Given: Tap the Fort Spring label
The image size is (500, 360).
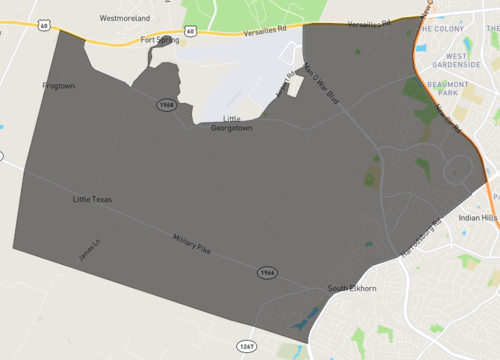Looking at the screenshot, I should (159, 40).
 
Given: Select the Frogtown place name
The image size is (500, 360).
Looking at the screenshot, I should (59, 86).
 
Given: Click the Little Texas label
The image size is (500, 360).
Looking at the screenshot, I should (92, 200).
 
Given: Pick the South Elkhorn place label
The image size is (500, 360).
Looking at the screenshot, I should (350, 289).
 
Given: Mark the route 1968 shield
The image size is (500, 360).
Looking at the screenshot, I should (166, 104).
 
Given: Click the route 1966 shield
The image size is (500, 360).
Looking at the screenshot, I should (266, 272).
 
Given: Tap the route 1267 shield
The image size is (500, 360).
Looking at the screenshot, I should (249, 346).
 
